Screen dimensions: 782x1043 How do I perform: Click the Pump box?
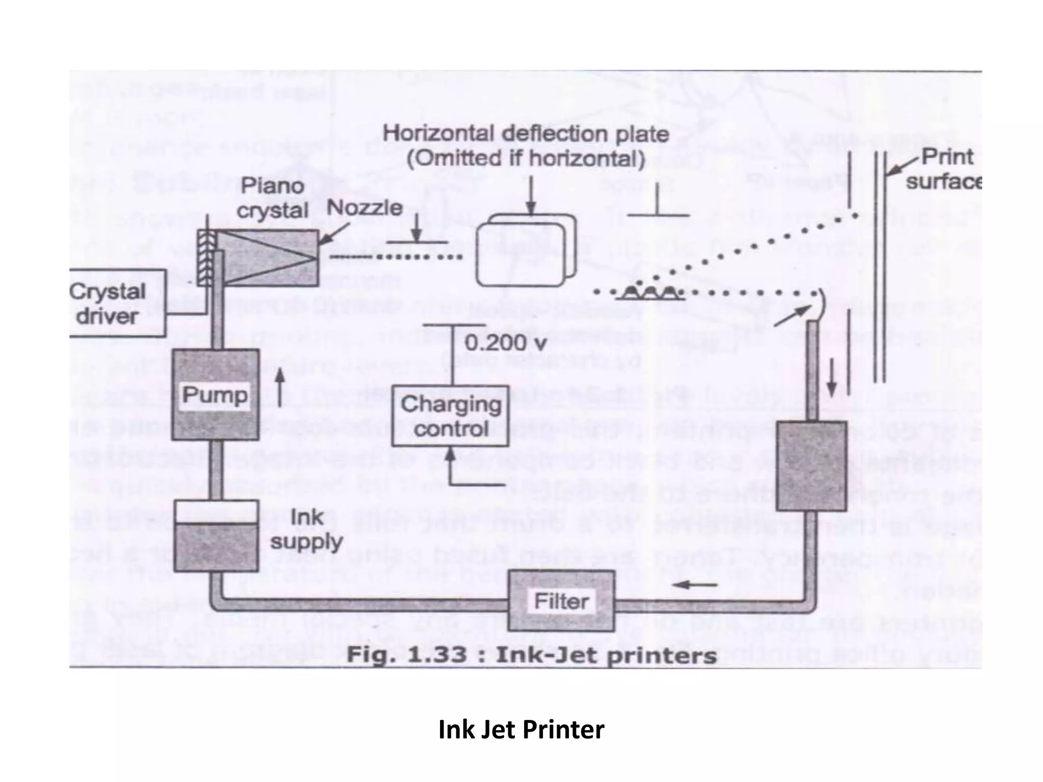(x=215, y=395)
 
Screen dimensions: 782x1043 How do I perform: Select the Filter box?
(x=561, y=601)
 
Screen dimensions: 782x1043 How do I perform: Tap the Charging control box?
(x=451, y=416)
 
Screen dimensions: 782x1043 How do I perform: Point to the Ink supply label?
(x=306, y=530)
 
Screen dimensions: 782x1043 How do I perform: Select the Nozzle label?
(x=364, y=208)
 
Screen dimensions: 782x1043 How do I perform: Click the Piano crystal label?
(x=272, y=198)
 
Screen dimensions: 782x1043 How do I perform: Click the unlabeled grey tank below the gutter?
(x=811, y=466)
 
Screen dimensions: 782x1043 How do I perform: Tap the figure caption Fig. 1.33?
(x=531, y=655)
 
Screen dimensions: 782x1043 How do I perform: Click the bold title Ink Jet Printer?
(x=521, y=729)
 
